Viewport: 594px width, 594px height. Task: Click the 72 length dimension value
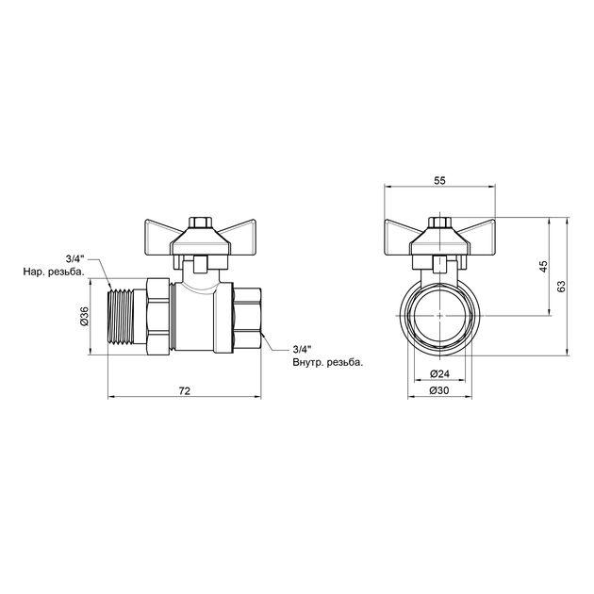pos(185,391)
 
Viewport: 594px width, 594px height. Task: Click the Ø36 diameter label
pos(84,316)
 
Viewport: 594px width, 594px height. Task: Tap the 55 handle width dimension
pos(439,181)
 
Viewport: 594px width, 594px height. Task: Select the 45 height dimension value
pos(543,267)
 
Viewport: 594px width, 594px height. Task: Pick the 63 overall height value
pos(561,287)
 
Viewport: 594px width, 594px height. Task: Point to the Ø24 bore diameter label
pos(439,374)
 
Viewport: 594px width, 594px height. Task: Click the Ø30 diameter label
pos(439,390)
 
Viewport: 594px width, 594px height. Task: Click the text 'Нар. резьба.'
pos(54,272)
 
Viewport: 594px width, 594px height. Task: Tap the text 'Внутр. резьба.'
pos(328,363)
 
